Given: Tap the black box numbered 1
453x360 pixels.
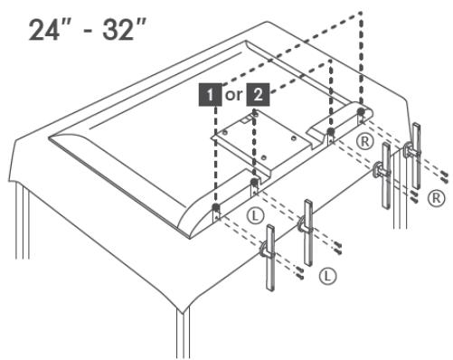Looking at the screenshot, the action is pyautogui.click(x=210, y=95).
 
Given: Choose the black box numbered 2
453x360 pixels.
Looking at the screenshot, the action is pyautogui.click(x=258, y=95).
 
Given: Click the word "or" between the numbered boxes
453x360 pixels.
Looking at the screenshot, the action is pyautogui.click(x=234, y=96).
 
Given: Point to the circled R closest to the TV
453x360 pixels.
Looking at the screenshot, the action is pyautogui.click(x=364, y=141).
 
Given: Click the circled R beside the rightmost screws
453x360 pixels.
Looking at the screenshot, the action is pyautogui.click(x=436, y=198).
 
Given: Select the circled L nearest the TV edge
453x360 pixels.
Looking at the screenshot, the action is pyautogui.click(x=255, y=215).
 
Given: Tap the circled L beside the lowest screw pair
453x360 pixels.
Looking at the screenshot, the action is pyautogui.click(x=327, y=276).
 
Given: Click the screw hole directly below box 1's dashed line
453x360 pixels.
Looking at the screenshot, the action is pyautogui.click(x=216, y=208).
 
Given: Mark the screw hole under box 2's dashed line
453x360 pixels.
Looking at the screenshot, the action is pyautogui.click(x=254, y=182).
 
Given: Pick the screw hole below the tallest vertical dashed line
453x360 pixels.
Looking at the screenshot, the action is pyautogui.click(x=361, y=111).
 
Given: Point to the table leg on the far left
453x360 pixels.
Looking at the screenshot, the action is pyautogui.click(x=23, y=221).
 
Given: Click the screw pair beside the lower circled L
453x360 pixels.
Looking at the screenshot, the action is pyautogui.click(x=299, y=272).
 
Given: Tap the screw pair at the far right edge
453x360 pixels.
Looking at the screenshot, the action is pyautogui.click(x=444, y=176).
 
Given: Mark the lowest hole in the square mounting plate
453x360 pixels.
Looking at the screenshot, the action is pyautogui.click(x=264, y=157).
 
